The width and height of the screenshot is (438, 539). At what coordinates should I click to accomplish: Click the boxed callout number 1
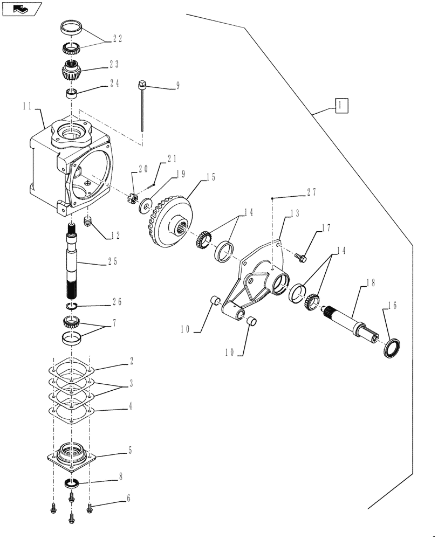tap(340, 105)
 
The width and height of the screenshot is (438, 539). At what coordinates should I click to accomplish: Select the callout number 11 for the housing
tap(30, 108)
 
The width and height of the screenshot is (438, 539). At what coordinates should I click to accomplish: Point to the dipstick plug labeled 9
tap(143, 84)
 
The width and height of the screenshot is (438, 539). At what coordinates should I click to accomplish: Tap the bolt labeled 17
tap(302, 259)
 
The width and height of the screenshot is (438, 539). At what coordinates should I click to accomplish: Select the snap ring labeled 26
tap(72, 307)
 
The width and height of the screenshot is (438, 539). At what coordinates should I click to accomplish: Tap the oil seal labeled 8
tap(72, 481)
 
